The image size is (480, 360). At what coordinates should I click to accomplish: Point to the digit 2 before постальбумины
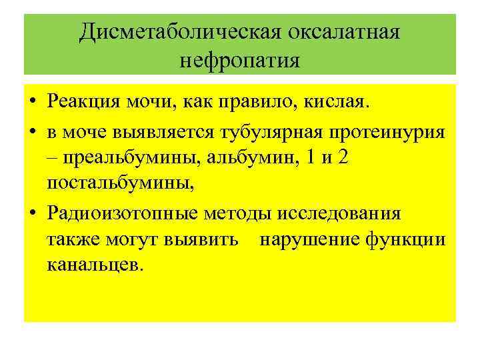click(342, 159)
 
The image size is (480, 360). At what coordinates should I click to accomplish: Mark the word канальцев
click(95, 265)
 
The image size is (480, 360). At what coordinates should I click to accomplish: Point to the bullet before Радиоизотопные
click(33, 214)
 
